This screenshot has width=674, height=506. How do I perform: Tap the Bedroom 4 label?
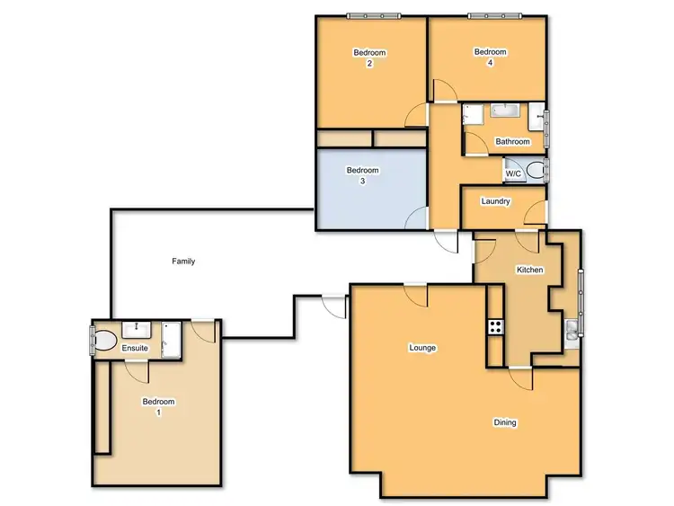click(x=490, y=58)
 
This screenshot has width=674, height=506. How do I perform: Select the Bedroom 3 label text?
click(x=363, y=175)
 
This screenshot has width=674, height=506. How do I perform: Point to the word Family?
click(x=183, y=262)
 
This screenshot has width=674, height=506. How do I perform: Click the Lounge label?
click(x=422, y=348)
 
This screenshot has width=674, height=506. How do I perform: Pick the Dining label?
click(x=505, y=422)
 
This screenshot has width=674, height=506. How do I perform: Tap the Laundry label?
click(x=496, y=201)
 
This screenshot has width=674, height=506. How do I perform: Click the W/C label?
click(x=513, y=173)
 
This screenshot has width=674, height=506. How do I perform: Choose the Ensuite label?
click(x=136, y=348)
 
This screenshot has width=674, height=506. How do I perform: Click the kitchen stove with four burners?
click(x=494, y=328)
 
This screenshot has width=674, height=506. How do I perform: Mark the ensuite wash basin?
click(x=141, y=329)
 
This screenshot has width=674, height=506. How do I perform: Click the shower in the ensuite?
click(x=171, y=340)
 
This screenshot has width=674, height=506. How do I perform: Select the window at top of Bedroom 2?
click(x=375, y=15)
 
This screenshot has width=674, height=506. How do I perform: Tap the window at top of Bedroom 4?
click(x=493, y=15)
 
